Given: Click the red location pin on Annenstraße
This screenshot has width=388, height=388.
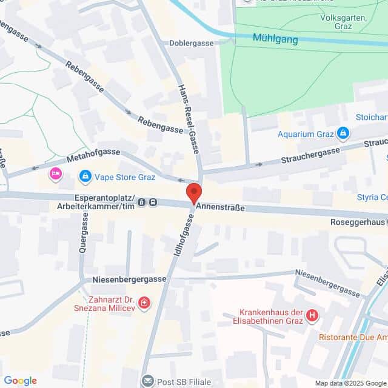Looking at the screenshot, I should coord(193,193).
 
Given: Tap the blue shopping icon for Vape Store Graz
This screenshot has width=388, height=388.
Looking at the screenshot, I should coord(85,177).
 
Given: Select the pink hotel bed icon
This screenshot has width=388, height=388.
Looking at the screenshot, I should coord(56,175).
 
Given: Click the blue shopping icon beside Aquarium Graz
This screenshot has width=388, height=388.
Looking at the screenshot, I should coord(343,132).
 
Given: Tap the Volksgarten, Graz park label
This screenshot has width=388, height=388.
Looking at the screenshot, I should coord(344,22).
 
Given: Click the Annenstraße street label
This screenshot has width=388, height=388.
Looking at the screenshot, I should coord(219,207).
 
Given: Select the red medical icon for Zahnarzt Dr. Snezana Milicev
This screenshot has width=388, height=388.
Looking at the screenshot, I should coord(144,302).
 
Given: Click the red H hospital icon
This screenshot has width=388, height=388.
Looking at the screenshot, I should coord(312,315).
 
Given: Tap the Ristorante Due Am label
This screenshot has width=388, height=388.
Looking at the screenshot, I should coord(354,336).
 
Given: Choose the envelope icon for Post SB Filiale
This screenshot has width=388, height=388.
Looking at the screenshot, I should coord(147,381).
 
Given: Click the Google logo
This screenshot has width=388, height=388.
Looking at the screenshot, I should coord(21,381).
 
